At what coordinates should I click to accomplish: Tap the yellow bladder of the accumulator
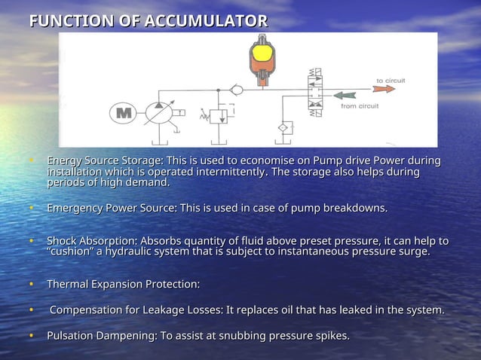(x=262, y=53)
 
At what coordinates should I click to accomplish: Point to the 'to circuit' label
(x=391, y=78)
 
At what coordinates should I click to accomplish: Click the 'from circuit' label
(x=360, y=106)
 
